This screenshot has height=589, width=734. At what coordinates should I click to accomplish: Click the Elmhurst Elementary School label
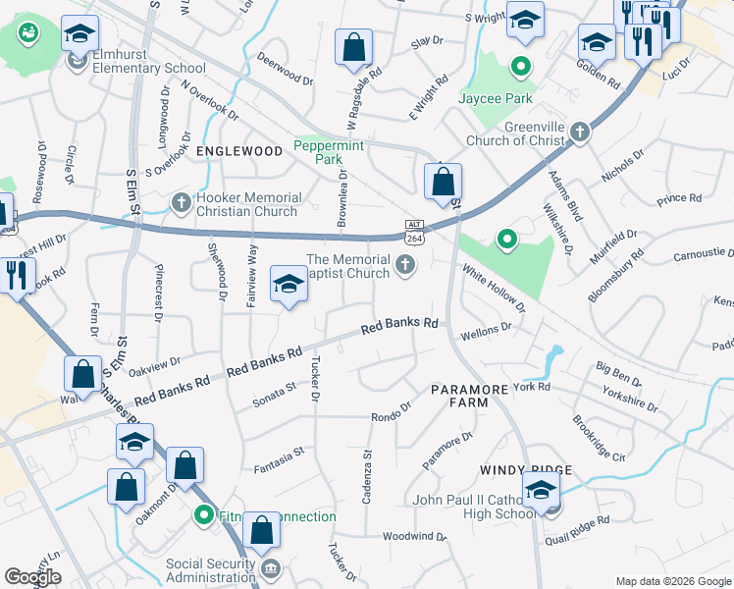148,69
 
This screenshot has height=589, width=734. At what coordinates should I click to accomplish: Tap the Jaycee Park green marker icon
521,68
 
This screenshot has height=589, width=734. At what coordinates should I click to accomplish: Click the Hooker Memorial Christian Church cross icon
181,202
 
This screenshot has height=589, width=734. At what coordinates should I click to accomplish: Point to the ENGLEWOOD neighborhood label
239,151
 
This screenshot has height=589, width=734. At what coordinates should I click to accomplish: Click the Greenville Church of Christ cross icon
580,133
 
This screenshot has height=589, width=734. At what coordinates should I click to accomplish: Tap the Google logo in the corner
32,577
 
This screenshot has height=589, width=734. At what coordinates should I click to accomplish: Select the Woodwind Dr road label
414,537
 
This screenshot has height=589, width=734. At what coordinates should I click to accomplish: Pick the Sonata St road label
276,392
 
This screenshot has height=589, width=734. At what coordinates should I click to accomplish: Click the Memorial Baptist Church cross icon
403,264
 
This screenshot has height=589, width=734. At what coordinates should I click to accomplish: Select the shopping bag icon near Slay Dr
353,47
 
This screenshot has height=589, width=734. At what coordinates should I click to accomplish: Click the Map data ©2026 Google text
673,580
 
